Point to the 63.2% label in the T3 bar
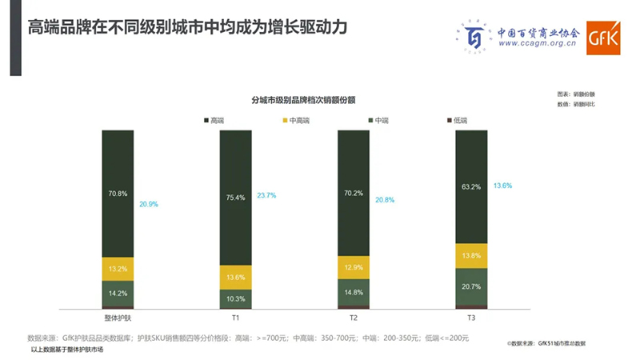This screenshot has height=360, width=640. click(472, 187)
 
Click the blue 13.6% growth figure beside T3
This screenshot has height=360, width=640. click(502, 186)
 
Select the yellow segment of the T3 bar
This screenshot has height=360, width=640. click(471, 255)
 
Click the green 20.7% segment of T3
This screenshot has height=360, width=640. click(471, 286)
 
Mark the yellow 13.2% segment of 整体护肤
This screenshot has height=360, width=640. click(118, 269)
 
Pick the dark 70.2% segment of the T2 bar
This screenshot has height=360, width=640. click(354, 192)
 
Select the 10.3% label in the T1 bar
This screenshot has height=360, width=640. click(235, 298)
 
